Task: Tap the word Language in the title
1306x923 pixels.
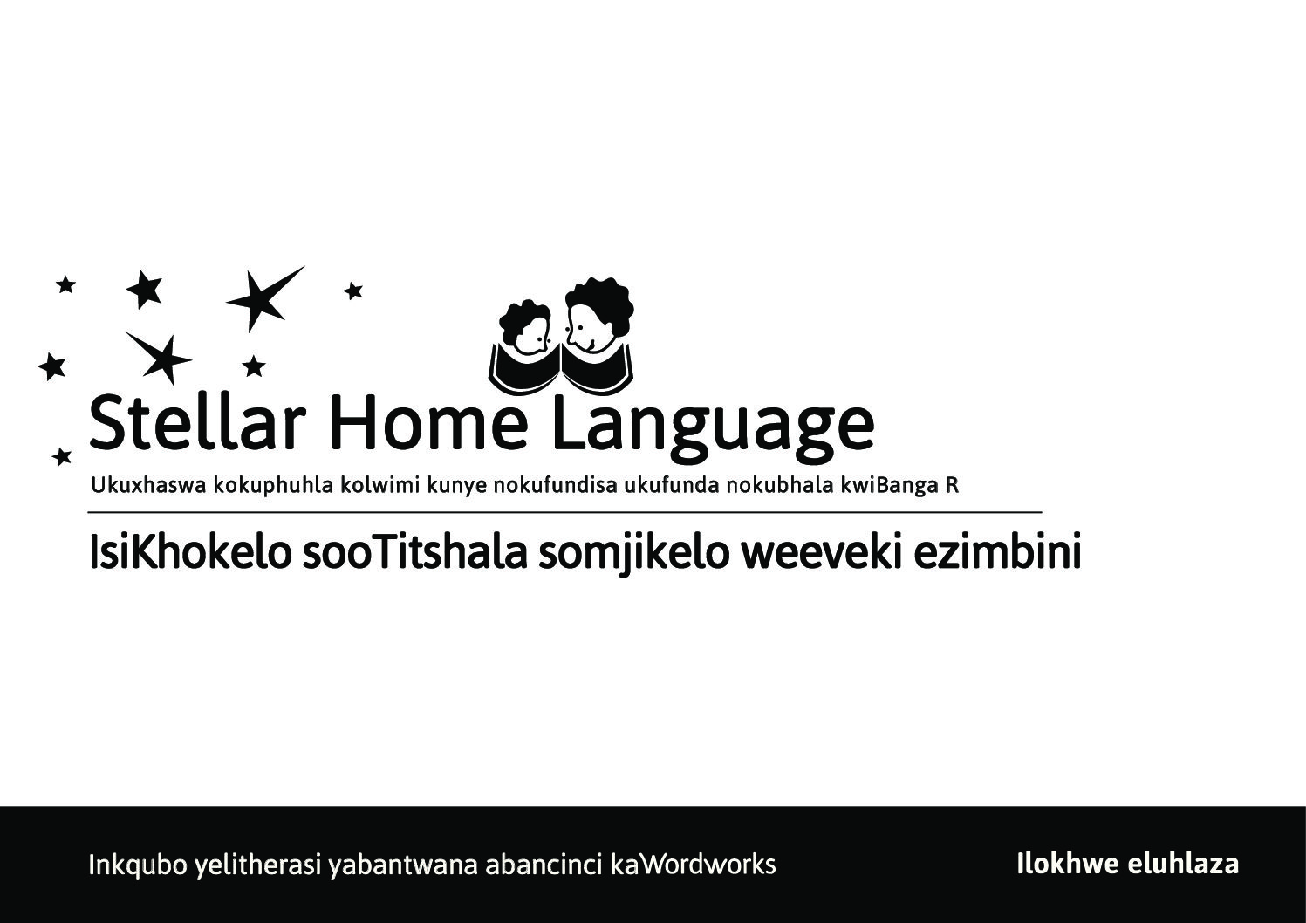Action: click(x=714, y=427)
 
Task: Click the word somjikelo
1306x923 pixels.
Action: click(x=633, y=555)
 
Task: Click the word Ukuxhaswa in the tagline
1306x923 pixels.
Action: click(x=148, y=485)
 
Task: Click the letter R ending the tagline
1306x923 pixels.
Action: click(x=952, y=485)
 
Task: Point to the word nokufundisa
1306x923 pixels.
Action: click(x=555, y=485)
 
